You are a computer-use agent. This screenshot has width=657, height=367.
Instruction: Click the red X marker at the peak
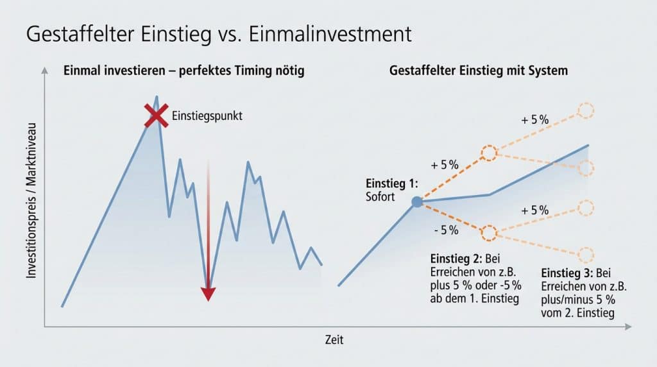155,116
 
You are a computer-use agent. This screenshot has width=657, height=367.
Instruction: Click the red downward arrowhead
208,294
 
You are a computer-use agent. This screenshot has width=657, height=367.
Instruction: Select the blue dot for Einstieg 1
416,201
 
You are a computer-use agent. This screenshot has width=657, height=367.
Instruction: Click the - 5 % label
446,230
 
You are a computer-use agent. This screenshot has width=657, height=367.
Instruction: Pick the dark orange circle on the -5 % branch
488,232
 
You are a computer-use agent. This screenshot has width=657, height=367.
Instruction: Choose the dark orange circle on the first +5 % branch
489,153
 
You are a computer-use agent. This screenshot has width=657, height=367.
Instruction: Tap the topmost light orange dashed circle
586,110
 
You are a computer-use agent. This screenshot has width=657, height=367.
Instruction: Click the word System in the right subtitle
547,71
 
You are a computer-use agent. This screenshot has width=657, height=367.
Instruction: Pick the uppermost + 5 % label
535,121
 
